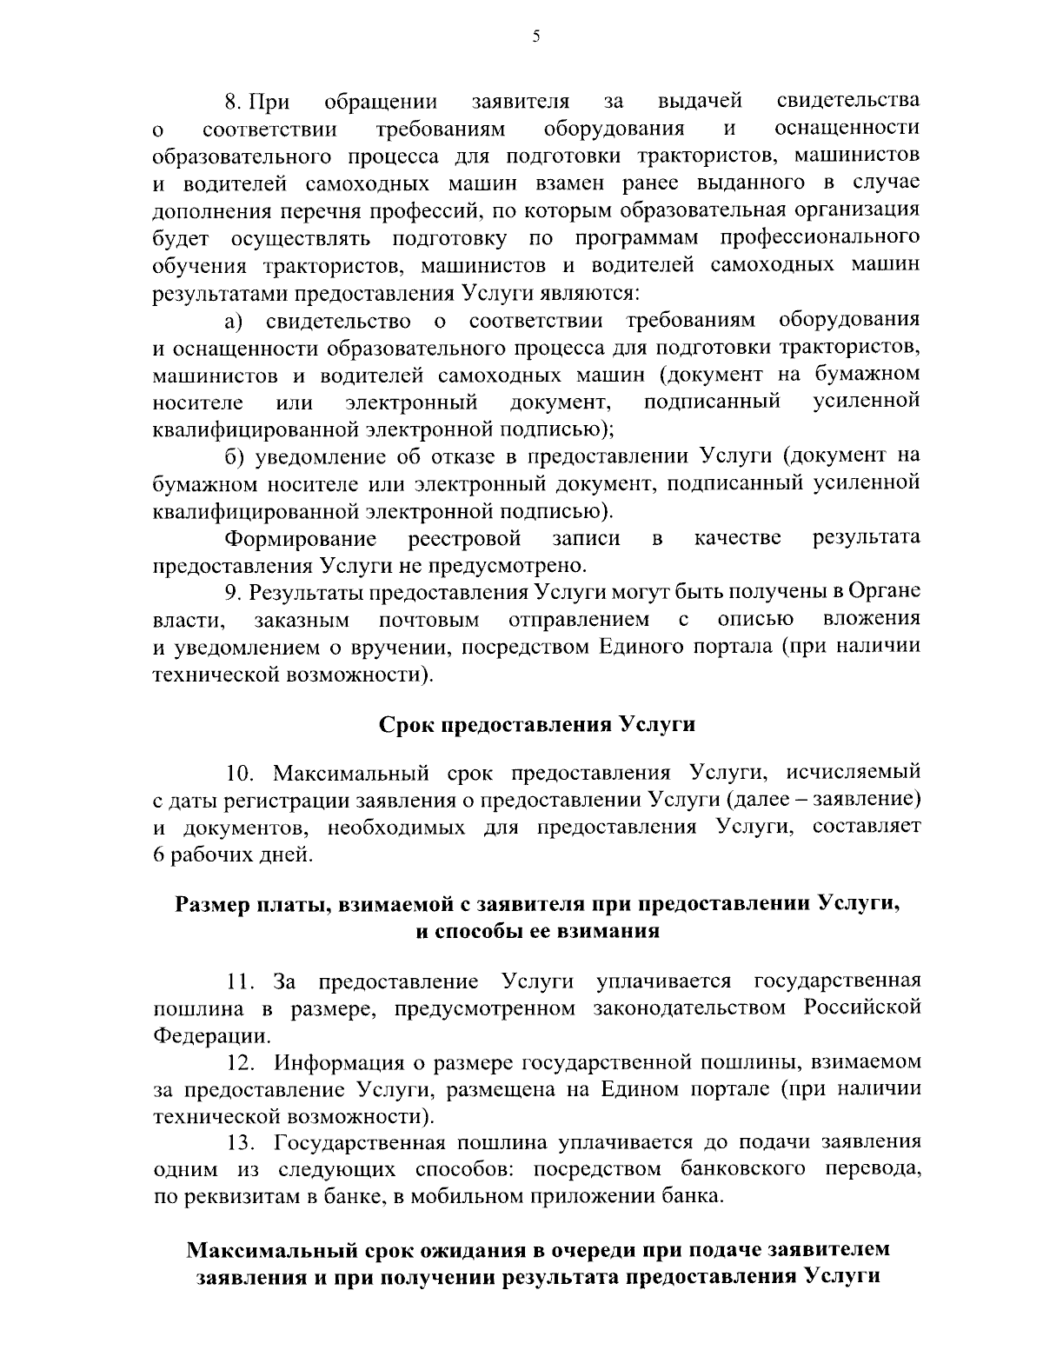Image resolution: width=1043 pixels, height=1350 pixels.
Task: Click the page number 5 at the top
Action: (536, 36)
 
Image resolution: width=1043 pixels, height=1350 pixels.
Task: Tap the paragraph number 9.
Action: (232, 593)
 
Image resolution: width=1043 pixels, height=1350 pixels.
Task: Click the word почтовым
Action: (429, 620)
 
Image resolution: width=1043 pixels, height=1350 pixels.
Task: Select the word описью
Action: (755, 620)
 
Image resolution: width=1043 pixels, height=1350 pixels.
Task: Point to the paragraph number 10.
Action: (240, 774)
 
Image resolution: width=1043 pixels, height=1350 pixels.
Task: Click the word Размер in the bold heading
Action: (213, 904)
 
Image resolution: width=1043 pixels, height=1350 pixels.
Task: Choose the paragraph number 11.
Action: (240, 982)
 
